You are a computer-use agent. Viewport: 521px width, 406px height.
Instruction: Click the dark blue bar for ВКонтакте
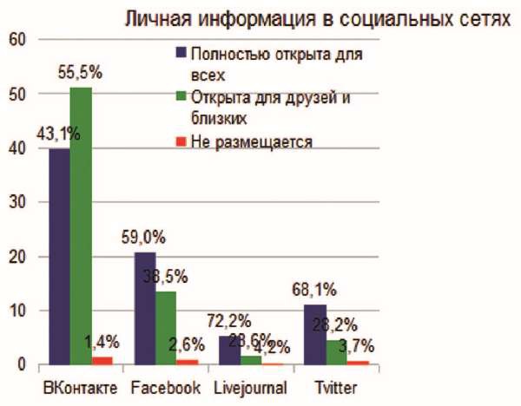pyautogui.click(x=59, y=256)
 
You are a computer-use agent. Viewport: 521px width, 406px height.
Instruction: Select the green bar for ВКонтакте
pyautogui.click(x=81, y=226)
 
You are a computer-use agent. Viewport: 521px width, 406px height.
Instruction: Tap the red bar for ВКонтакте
pyautogui.click(x=103, y=360)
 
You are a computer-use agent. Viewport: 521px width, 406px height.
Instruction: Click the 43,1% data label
pyautogui.click(x=58, y=134)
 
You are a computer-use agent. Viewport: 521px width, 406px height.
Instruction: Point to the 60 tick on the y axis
pyautogui.click(x=18, y=40)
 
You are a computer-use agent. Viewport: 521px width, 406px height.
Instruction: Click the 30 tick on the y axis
pyautogui.click(x=18, y=202)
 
